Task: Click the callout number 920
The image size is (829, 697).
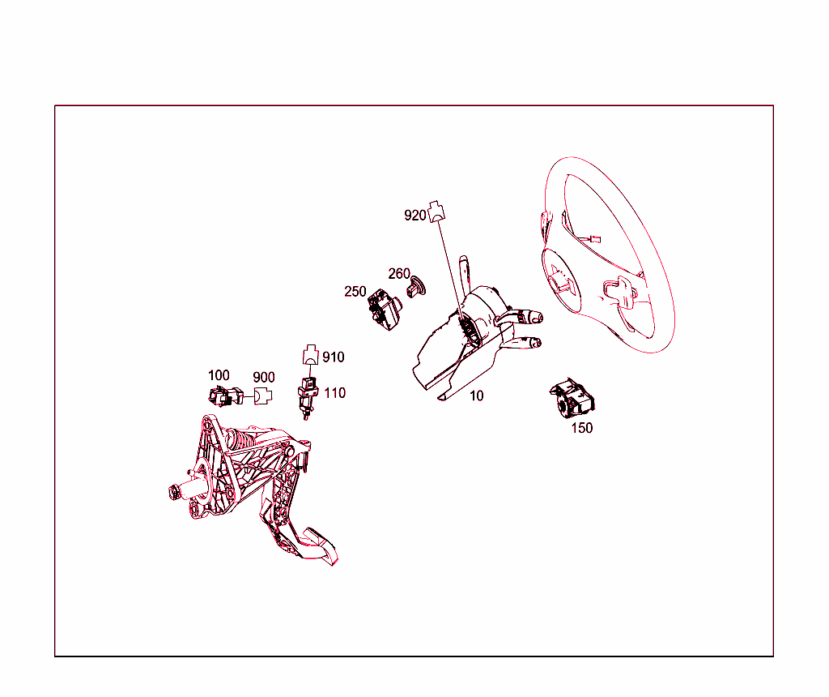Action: [x=415, y=216]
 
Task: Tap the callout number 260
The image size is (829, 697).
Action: [x=399, y=274]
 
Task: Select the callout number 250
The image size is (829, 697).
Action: [x=355, y=292]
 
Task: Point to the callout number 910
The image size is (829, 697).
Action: [x=333, y=357]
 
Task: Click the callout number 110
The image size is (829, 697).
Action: [x=334, y=393]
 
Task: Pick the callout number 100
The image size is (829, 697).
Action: [x=219, y=375]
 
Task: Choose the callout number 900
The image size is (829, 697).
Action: [x=264, y=378]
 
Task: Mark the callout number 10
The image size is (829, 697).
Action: [x=476, y=396]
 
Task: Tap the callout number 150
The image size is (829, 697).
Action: [x=582, y=428]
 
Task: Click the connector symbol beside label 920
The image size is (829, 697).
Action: [x=436, y=212]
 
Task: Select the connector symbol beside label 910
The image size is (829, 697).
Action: [x=311, y=355]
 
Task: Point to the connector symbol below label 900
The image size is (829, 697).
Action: [x=263, y=396]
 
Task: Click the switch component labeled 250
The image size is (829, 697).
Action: [x=385, y=310]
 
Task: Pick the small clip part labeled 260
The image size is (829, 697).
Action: [x=416, y=286]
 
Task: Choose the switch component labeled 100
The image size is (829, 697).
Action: [x=227, y=396]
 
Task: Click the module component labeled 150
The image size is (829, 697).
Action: [x=572, y=398]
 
